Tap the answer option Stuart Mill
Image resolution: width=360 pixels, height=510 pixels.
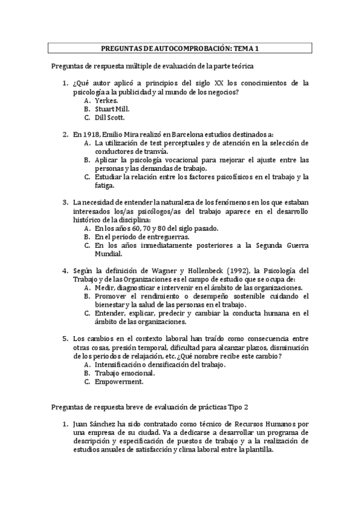tap(112, 109)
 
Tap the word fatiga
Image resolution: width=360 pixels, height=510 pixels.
tap(106, 186)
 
